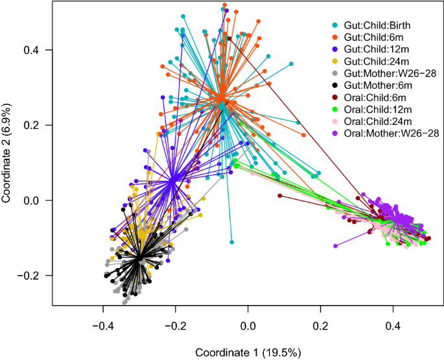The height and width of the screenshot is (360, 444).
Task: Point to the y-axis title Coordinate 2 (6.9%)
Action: point(9,154)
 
